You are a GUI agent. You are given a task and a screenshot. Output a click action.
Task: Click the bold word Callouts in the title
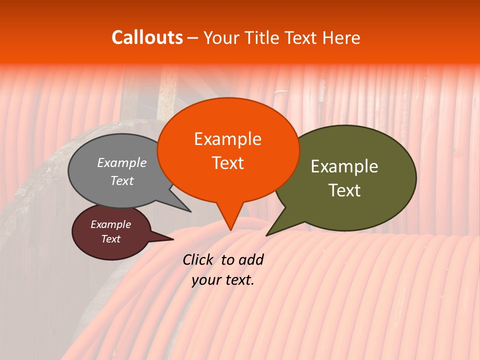point(147,37)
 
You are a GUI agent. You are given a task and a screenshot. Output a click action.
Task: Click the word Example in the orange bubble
point(228,139)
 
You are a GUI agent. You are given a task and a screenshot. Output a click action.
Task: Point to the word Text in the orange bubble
point(228,163)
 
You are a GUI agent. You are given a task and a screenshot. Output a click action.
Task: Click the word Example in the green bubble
point(344,166)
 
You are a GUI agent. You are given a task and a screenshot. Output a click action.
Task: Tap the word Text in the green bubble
point(344,190)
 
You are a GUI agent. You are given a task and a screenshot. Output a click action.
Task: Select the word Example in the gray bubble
point(122,162)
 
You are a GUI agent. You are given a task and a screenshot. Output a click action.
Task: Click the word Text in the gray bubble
point(122,180)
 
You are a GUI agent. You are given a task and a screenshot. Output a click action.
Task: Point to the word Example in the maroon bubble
point(111,224)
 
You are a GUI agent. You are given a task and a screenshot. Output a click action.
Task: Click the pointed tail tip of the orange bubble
point(230,230)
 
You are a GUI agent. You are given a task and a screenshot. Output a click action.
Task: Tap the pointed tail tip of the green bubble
point(266,235)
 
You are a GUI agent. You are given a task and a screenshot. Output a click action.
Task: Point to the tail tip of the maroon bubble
point(173,239)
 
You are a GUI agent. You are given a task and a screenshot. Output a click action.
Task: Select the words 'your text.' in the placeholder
point(223,280)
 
